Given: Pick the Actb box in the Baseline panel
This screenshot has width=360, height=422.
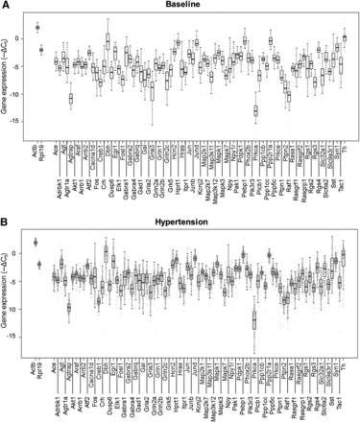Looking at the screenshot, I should [x=36, y=27].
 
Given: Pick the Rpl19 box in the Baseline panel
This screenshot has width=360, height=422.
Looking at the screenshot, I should [x=41, y=49].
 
